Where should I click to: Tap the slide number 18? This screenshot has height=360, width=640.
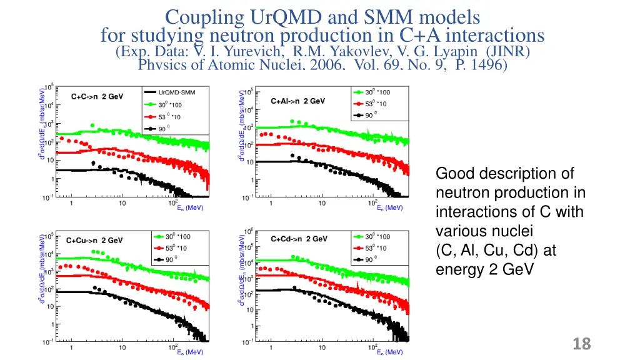[581, 343]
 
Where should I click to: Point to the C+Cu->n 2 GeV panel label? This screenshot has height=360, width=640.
[95, 240]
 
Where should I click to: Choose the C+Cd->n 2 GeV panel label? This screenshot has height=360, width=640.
[299, 238]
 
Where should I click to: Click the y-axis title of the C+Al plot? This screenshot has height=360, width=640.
[242, 124]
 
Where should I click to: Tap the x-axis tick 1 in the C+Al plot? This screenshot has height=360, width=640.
[271, 202]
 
